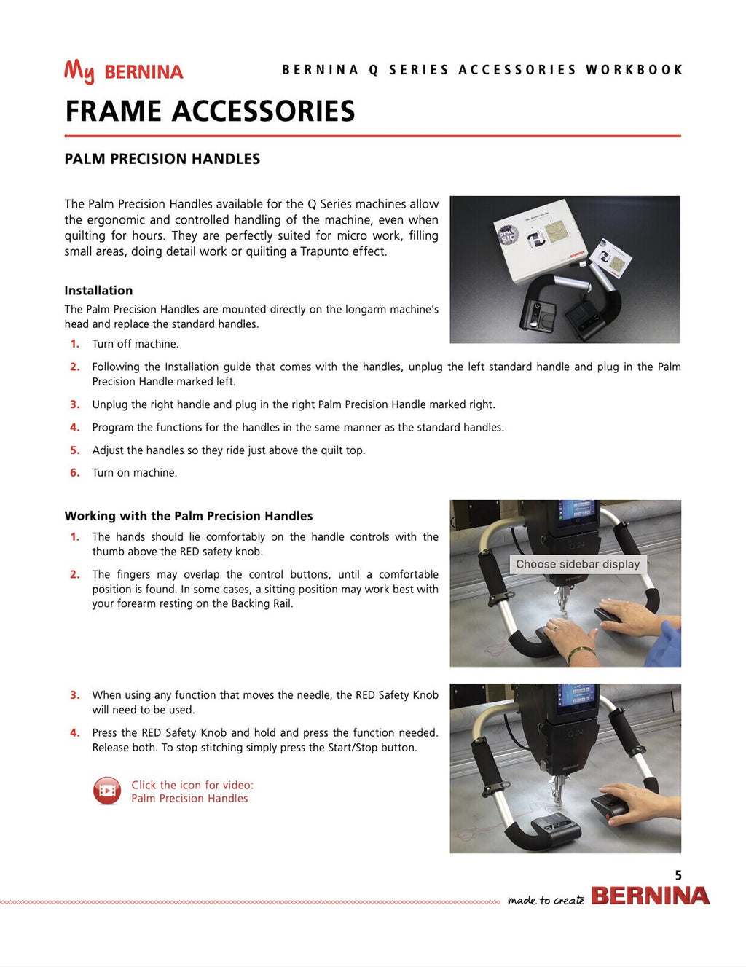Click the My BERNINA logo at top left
(123, 71)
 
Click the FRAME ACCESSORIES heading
(210, 111)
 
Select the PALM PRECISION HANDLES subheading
(162, 159)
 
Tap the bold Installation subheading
(98, 290)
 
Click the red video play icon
(107, 791)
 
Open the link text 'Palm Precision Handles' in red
(189, 799)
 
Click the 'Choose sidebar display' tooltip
(578, 564)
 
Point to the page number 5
(678, 875)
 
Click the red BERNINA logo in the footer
(650, 896)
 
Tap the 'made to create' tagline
(546, 900)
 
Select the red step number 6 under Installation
(74, 473)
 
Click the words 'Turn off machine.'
(135, 344)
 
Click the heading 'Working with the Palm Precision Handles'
(189, 516)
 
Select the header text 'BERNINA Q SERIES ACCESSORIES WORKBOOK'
(482, 70)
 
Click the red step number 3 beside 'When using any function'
(74, 695)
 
